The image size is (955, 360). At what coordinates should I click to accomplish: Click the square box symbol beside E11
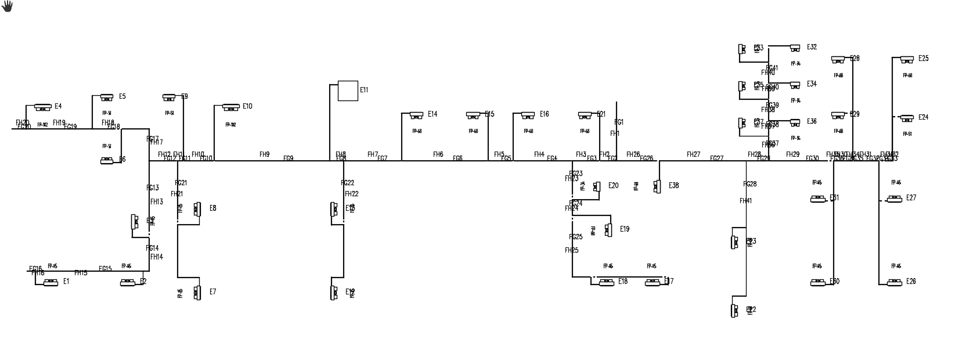[x=348, y=91]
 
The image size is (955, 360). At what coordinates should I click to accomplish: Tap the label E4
[x=58, y=106]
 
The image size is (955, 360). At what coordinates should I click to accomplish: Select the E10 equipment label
[x=247, y=106]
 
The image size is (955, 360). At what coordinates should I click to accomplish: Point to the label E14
[x=433, y=114]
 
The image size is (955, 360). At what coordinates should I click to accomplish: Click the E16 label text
[x=544, y=114]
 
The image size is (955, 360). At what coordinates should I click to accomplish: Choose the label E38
[x=673, y=186]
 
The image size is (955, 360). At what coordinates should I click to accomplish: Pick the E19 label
[x=625, y=229]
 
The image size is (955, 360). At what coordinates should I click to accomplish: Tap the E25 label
[x=923, y=59]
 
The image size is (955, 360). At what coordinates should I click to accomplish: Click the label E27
[x=911, y=198]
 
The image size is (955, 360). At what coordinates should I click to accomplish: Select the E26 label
[x=911, y=282]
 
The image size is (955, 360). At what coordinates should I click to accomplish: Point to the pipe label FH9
[x=265, y=154]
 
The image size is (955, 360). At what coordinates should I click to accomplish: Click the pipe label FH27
[x=693, y=154]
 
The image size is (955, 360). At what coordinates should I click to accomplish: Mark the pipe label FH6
[x=438, y=154]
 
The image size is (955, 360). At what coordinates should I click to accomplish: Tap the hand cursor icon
[x=7, y=6]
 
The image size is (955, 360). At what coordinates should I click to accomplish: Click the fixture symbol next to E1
[x=51, y=282]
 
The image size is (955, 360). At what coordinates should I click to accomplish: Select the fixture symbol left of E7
[x=197, y=292]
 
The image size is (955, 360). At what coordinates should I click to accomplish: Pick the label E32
[x=812, y=47]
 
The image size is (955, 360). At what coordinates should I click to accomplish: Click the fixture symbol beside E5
[x=107, y=98]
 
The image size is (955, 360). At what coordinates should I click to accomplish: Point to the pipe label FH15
[x=81, y=273]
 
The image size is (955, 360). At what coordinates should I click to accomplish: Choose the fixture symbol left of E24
[x=907, y=118]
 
